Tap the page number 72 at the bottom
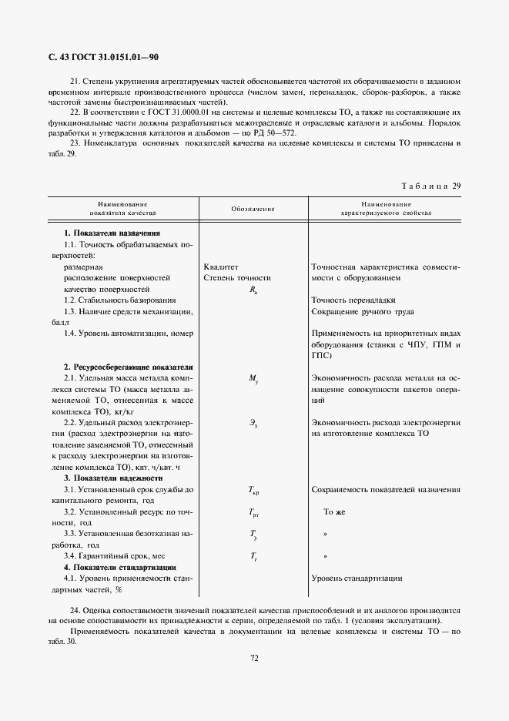[253, 657]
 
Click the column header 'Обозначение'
[253, 209]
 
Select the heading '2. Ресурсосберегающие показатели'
[128, 367]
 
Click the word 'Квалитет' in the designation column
[223, 266]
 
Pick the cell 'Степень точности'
[237, 277]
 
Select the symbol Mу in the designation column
[253, 379]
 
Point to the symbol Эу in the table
[253, 423]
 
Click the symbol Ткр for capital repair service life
[253, 490]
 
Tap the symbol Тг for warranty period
[253, 556]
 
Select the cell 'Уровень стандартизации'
[357, 578]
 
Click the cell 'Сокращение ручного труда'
[363, 311]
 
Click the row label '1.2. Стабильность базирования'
[120, 300]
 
